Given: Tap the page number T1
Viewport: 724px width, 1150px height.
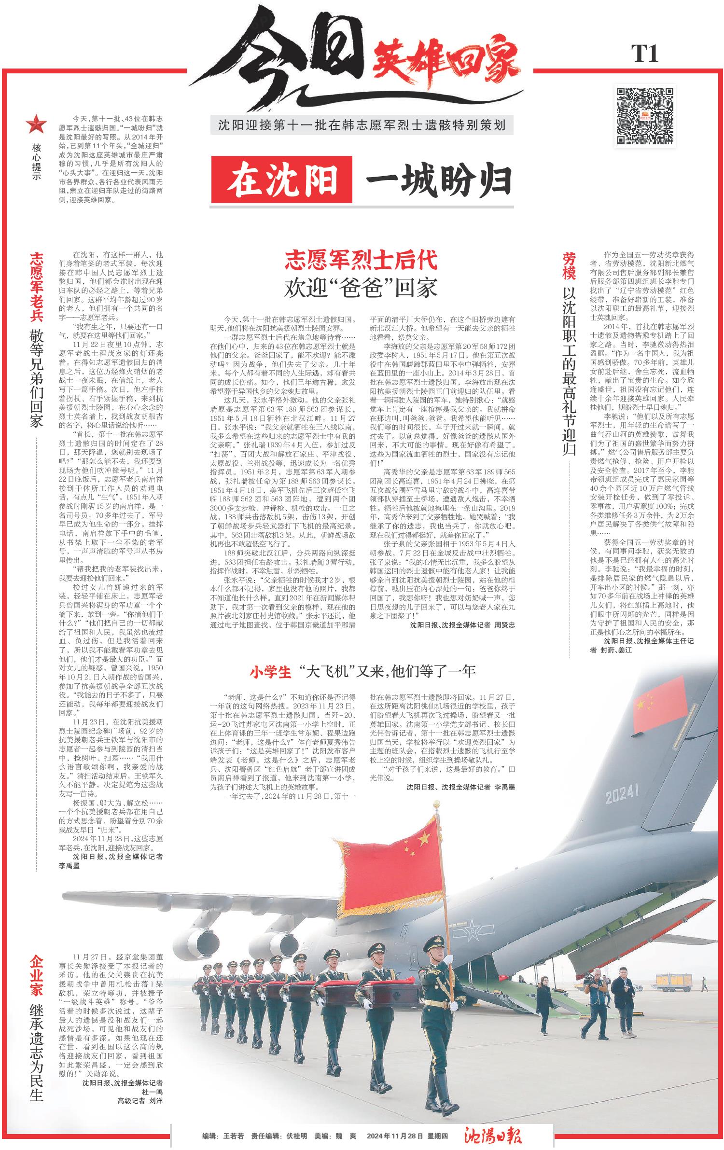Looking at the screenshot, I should pyautogui.click(x=645, y=53).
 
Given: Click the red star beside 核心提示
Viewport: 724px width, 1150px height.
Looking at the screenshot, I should pyautogui.click(x=36, y=125).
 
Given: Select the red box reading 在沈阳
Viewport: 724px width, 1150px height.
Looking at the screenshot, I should pyautogui.click(x=282, y=180).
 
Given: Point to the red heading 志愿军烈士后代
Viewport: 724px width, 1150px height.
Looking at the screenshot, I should pyautogui.click(x=361, y=260).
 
